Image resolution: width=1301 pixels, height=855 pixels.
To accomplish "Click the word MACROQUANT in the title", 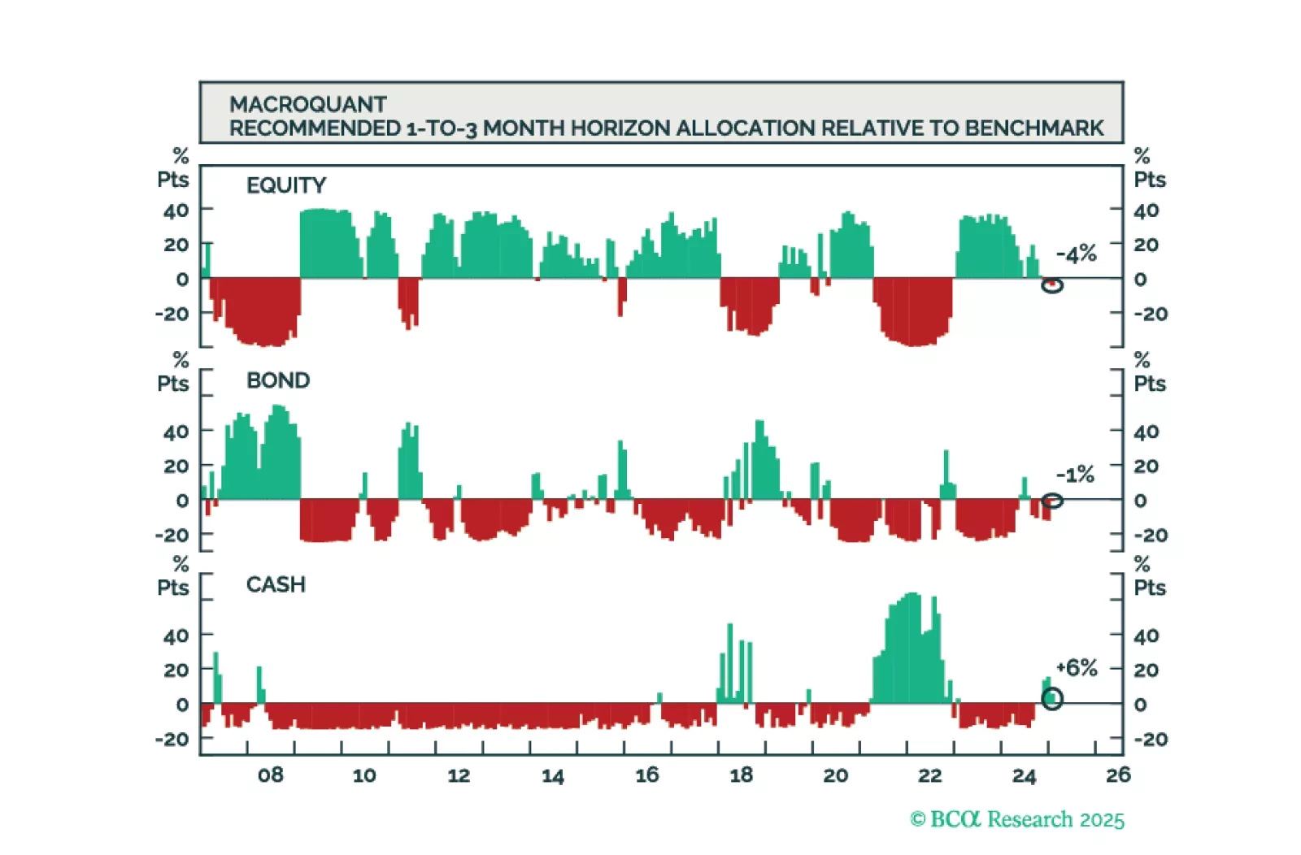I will point(307,104).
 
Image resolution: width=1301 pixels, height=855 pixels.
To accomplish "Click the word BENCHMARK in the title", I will point(1034,128).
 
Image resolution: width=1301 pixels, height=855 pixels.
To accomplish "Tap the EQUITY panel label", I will point(285,185).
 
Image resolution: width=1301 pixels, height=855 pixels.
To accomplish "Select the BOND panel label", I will point(278,380).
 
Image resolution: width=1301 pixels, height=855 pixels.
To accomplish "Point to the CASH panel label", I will point(276,584).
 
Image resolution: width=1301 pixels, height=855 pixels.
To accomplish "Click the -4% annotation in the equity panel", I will point(1076,254).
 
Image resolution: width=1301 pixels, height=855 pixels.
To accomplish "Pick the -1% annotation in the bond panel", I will point(1075,475).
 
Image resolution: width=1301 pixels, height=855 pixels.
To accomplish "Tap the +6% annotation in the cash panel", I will point(1076,668).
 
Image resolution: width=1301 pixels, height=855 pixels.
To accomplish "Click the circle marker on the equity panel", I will point(1052,285).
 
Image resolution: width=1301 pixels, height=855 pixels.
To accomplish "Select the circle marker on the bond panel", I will point(1052,501).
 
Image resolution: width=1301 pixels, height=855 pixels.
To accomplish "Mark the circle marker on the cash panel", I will point(1052,699).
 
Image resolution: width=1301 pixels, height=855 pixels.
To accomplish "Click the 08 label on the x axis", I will point(271,775).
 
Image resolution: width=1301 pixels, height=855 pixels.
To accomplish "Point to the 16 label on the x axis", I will point(647,775).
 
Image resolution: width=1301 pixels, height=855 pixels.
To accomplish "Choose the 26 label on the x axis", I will point(1118,775).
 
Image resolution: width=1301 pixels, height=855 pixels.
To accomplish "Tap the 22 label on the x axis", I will point(929,775).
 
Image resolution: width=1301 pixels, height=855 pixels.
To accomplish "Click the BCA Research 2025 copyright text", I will point(1017,819).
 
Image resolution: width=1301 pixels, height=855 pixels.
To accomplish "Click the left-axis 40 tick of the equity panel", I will point(176,210).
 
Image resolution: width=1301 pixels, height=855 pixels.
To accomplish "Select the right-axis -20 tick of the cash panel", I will point(1151,740).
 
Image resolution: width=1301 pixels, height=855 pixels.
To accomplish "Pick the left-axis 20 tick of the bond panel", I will point(176,467).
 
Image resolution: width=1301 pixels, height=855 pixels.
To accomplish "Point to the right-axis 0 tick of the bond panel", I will point(1141,501).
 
